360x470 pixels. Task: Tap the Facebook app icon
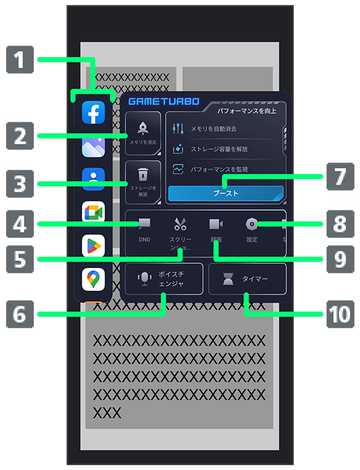coord(94,112)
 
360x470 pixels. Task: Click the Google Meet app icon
coord(94,212)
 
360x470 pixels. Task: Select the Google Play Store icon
coord(94,245)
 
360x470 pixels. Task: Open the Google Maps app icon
coord(94,278)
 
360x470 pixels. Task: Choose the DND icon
coord(144,225)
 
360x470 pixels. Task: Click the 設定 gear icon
coord(252,225)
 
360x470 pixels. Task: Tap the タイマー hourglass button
coord(247,279)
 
